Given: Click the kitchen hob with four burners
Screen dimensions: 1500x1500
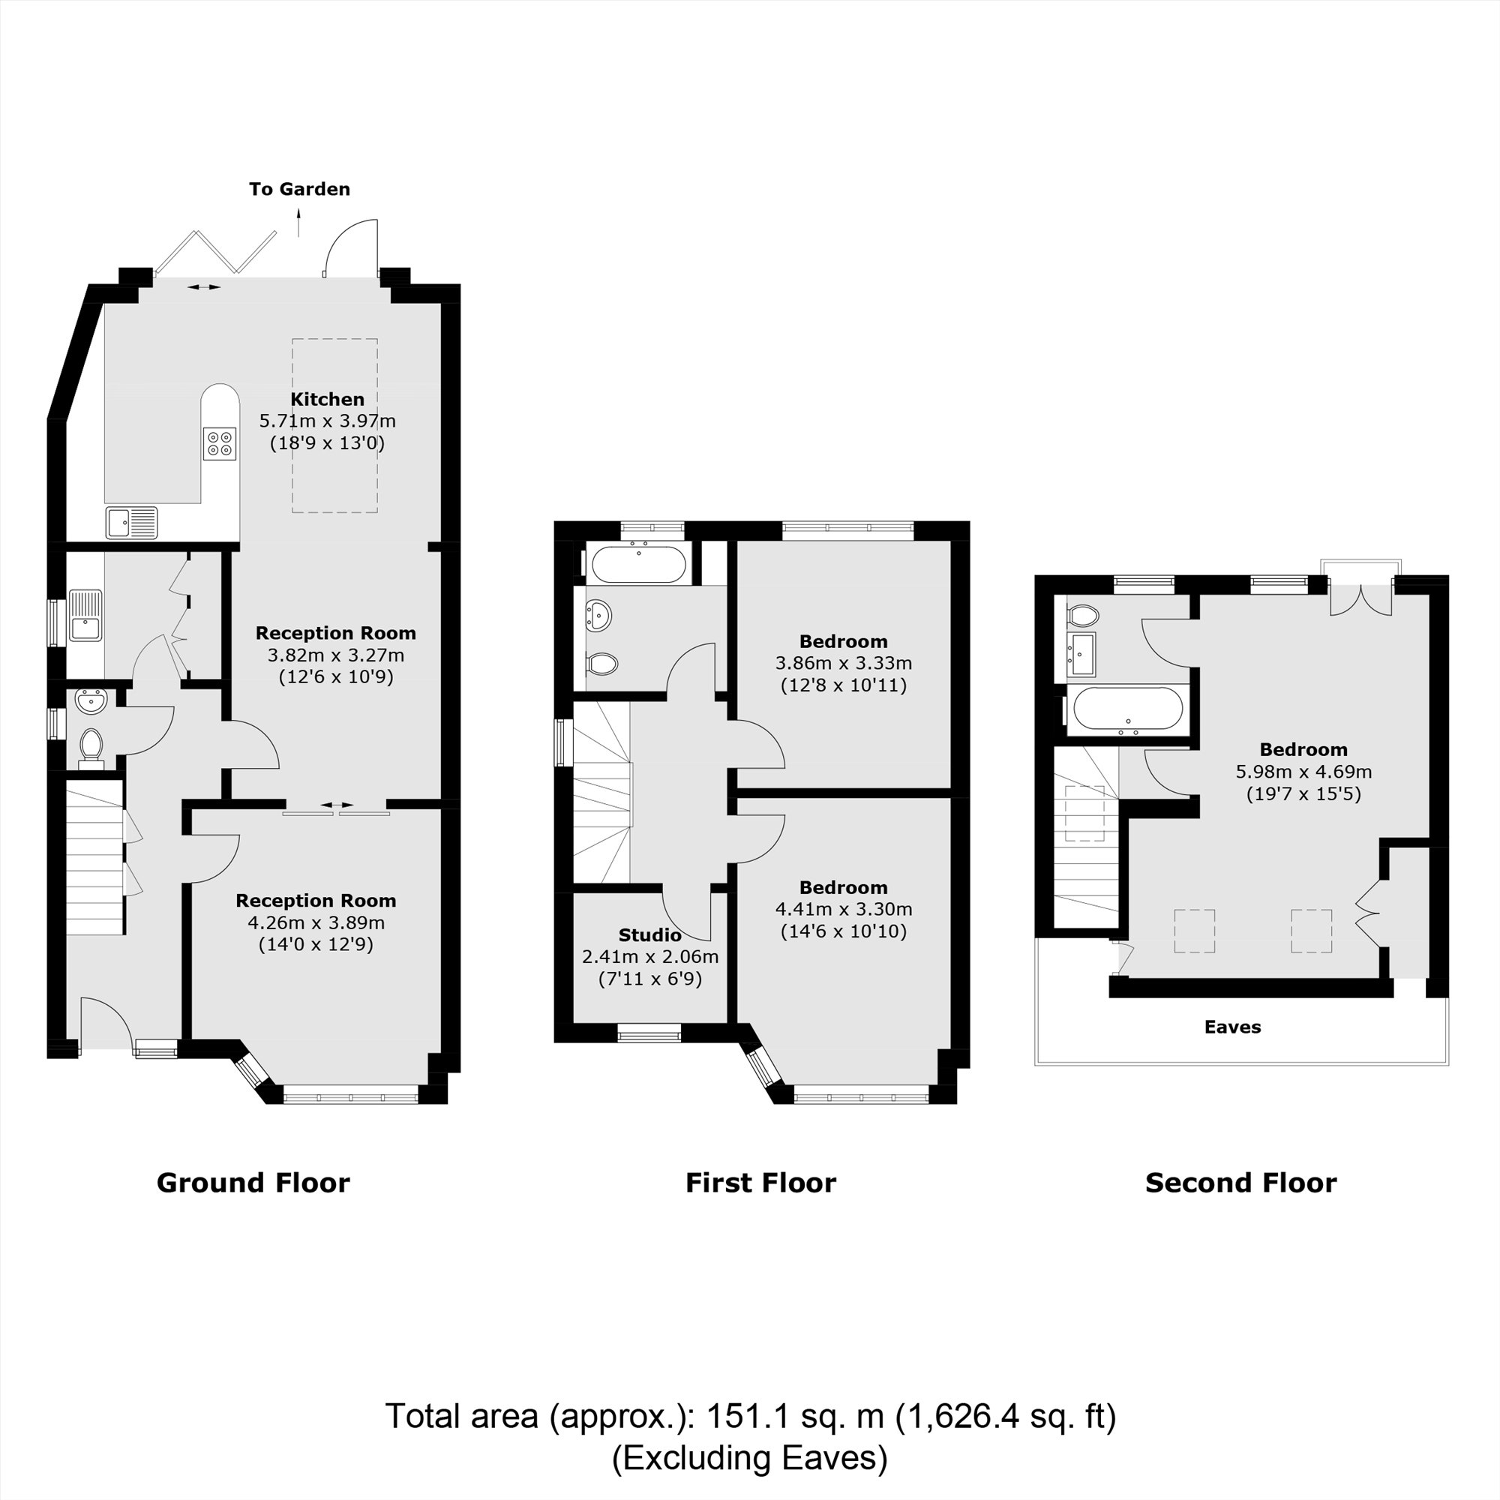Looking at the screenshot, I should coord(220,444).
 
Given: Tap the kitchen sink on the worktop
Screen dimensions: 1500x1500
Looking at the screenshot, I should coord(131,523).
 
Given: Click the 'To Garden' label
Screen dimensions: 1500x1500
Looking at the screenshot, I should coord(299,189).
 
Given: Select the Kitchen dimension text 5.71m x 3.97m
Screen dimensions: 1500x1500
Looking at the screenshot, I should coord(327,421).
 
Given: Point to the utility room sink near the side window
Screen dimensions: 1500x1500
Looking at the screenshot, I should coord(85,616).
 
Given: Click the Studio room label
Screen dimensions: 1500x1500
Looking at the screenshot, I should coord(649,934).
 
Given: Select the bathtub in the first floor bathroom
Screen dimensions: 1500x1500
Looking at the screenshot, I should coord(638,565).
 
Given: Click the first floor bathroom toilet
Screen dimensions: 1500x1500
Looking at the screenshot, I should coord(601,664).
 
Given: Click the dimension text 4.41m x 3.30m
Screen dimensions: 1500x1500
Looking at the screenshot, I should coord(843,908).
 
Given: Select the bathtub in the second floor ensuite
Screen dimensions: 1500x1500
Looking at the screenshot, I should coord(1126,709).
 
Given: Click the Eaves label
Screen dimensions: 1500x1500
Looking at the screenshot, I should coord(1232,1027).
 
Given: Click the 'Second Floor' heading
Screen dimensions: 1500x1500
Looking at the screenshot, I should coord(1240,1183).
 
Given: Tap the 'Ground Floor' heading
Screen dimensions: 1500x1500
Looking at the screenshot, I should coord(253,1183).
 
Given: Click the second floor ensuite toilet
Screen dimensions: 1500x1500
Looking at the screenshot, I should coord(1083,617).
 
